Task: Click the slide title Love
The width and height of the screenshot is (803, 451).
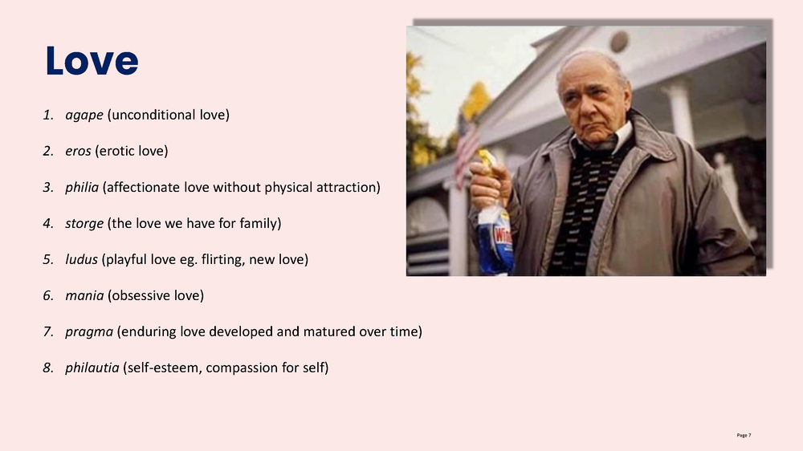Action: (92, 61)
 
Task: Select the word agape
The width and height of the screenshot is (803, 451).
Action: (84, 116)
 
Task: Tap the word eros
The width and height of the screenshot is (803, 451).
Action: (78, 151)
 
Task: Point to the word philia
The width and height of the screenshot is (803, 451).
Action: (82, 187)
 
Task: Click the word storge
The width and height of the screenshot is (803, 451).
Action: (84, 224)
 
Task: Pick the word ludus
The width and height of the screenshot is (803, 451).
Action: (81, 259)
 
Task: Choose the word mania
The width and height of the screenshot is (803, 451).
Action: (84, 295)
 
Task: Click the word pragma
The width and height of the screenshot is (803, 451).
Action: (89, 332)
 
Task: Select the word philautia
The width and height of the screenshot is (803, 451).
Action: (92, 368)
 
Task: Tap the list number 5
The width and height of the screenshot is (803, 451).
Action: (48, 259)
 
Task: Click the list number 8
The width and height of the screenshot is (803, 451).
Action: (48, 368)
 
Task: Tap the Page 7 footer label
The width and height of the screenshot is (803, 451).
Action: (744, 435)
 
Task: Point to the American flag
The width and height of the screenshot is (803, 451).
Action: (467, 148)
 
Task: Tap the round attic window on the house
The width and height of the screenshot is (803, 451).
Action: (618, 42)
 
